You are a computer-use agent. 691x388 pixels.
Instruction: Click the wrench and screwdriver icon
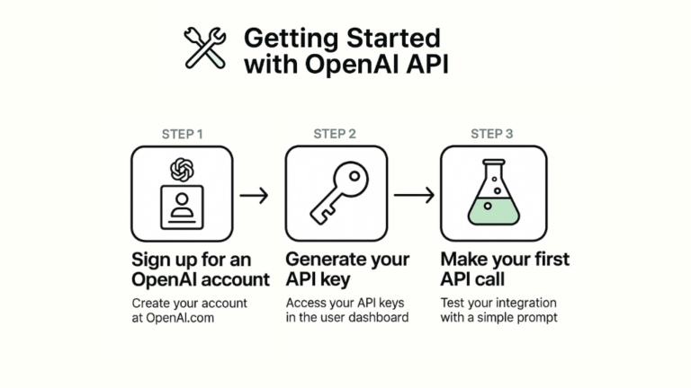205,48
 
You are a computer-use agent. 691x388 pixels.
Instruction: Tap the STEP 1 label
182,134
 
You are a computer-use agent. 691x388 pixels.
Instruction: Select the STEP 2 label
335,134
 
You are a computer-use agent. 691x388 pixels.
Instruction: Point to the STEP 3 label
492,134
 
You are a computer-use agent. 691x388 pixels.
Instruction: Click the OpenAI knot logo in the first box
182,168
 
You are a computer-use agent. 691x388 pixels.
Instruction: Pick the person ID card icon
182,207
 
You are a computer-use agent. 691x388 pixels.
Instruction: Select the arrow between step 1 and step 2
255,194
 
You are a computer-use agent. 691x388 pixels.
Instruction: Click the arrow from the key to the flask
413,194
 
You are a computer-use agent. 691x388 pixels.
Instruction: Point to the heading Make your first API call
504,269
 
